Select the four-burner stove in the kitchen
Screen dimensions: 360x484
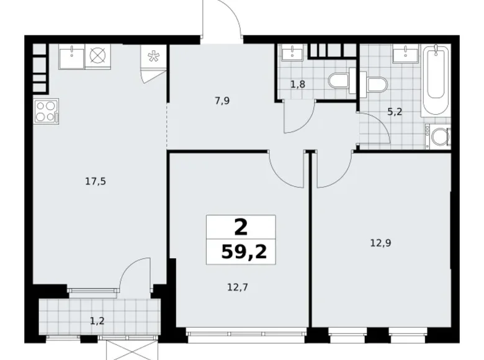point(45,113)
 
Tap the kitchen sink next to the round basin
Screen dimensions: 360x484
point(73,57)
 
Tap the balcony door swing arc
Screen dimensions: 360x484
point(132,272)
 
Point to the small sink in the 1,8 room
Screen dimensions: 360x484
point(291,53)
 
